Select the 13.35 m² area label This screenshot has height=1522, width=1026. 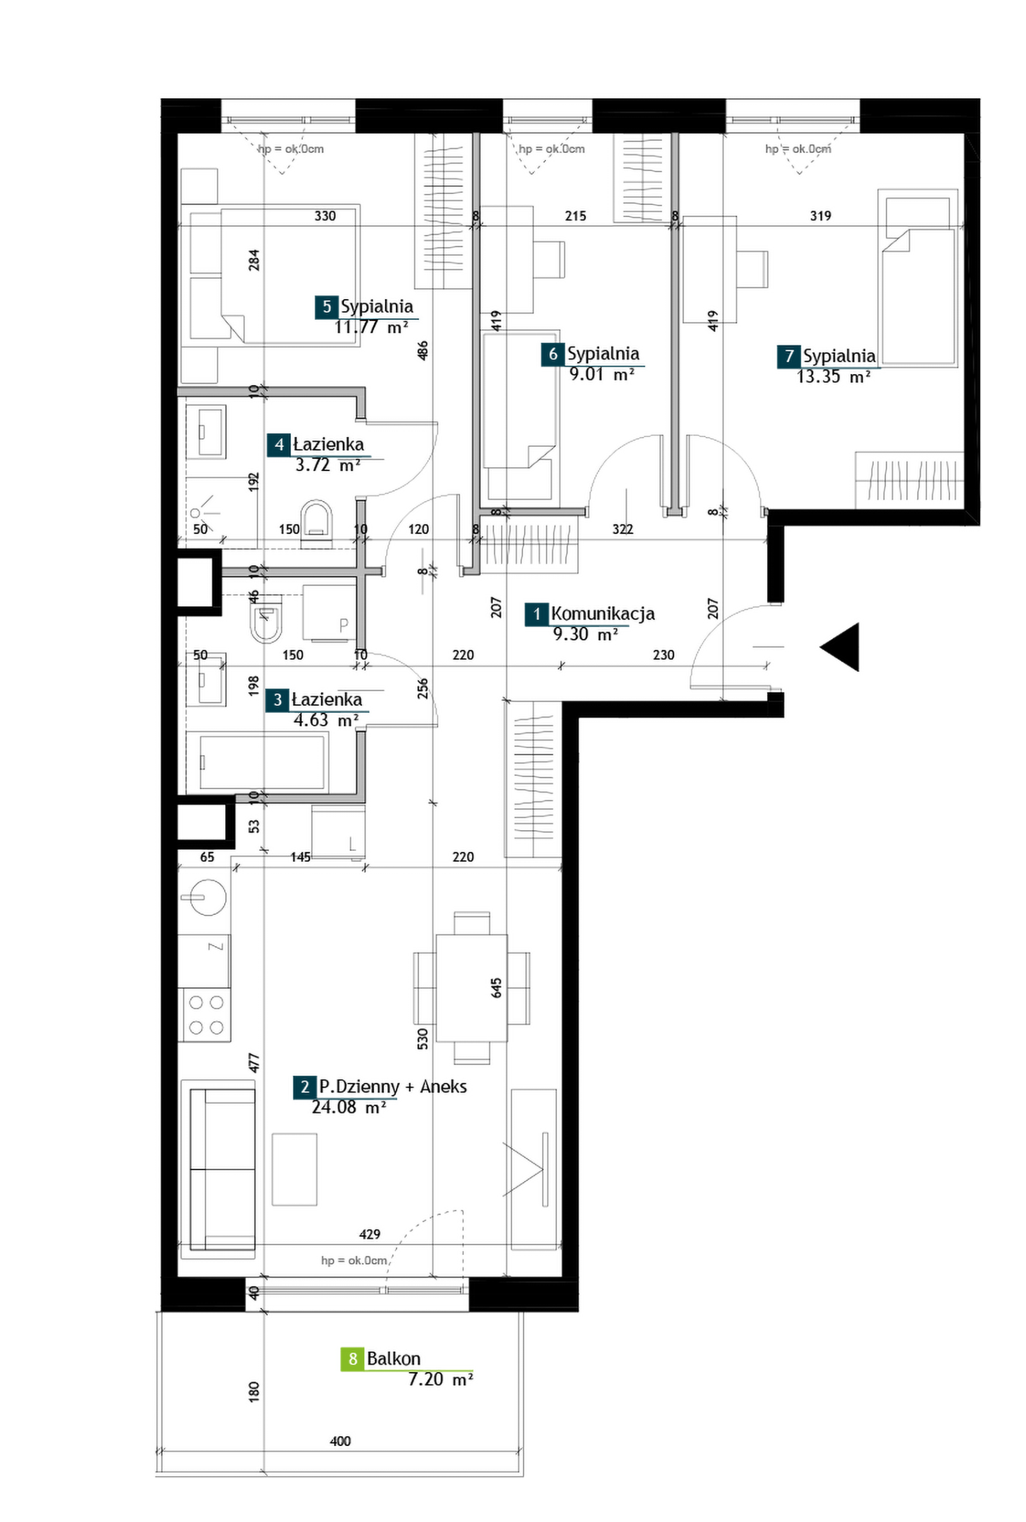click(x=833, y=376)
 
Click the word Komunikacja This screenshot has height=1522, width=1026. click(x=603, y=614)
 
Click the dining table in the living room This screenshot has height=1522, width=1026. click(x=471, y=987)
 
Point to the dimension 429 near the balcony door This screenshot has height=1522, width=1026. click(x=370, y=1234)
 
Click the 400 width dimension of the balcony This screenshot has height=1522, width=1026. click(x=340, y=1440)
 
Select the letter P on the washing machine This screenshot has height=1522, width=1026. click(x=343, y=625)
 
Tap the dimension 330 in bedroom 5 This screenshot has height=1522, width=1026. click(x=325, y=216)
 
